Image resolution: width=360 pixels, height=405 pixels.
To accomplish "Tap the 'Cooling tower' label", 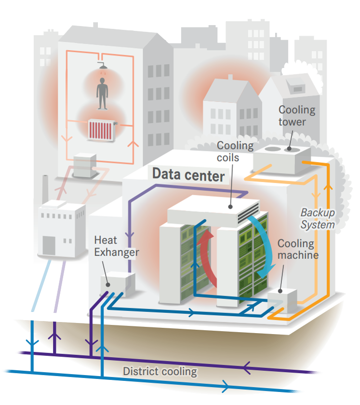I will [296, 116].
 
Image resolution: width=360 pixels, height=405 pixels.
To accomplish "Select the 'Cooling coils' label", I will [235, 151].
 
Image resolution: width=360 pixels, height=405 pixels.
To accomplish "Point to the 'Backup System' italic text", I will [318, 218].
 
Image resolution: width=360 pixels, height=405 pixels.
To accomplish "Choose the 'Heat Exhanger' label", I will [116, 246].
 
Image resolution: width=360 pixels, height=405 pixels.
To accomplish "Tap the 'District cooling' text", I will [160, 372].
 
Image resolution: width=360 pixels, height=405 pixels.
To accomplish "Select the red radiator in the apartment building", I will [101, 130].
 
